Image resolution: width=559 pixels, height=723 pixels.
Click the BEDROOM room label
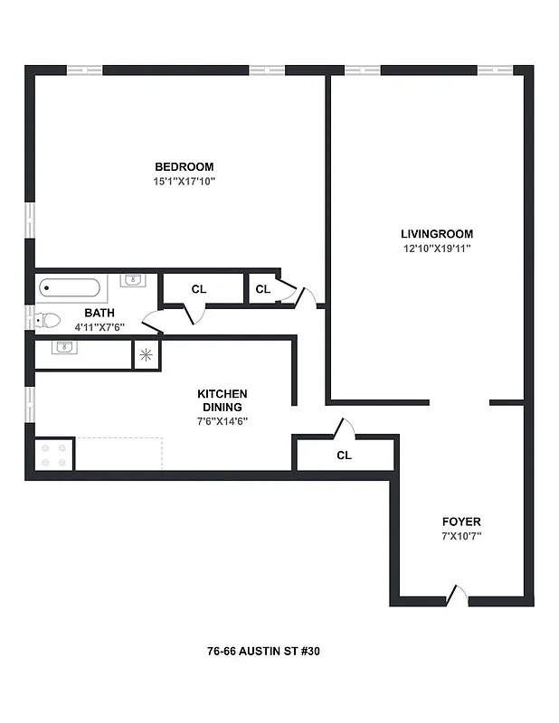coord(184,166)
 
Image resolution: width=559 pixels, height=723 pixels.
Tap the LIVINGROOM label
coord(438,233)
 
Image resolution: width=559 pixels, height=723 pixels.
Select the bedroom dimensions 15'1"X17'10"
coord(184,181)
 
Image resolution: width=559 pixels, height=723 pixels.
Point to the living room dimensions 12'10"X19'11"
coord(438,248)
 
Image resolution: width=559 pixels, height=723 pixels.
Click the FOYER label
coord(461,521)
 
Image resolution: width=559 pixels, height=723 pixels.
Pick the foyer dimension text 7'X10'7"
coord(461,536)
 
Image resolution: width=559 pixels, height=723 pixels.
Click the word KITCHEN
coord(223,393)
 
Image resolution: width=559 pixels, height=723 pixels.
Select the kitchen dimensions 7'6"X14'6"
coord(223,420)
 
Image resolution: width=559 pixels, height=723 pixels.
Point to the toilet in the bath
coord(48,320)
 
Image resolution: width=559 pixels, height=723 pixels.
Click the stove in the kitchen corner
coord(53,454)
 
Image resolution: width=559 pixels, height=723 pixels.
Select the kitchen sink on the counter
coord(62,347)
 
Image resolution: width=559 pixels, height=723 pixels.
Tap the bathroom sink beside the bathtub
coord(133,280)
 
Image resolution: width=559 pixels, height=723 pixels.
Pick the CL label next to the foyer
coord(344,455)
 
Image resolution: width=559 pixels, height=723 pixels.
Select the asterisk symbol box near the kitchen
coord(147,354)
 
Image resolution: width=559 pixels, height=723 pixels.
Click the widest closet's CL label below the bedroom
coord(199,289)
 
